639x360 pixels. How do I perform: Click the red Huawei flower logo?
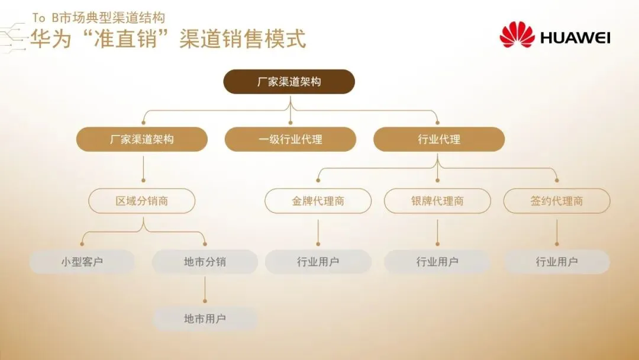(x=517, y=35)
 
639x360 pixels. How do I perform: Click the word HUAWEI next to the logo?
(x=575, y=38)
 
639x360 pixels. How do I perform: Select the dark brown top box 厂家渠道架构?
(x=289, y=82)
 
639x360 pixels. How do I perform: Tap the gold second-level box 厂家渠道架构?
(x=142, y=140)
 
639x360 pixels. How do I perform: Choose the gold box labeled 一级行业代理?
(x=291, y=140)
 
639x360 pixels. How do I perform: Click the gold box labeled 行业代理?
(x=439, y=140)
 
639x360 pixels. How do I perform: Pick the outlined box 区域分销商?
(x=142, y=201)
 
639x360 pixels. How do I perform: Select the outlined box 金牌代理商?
(x=318, y=201)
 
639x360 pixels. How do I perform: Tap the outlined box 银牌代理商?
(x=438, y=201)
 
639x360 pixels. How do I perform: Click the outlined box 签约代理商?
(x=557, y=201)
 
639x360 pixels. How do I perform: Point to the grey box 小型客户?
(x=82, y=262)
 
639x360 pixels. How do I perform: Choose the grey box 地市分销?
(x=205, y=262)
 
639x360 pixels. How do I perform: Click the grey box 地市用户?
(x=205, y=319)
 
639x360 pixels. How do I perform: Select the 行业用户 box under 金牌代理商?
(x=318, y=262)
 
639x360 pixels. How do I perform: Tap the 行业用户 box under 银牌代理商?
(x=438, y=262)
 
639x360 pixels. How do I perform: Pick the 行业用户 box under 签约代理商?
(x=557, y=262)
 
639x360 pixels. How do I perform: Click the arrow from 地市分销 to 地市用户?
(x=205, y=290)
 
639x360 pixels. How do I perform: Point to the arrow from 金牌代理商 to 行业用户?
(x=318, y=232)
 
